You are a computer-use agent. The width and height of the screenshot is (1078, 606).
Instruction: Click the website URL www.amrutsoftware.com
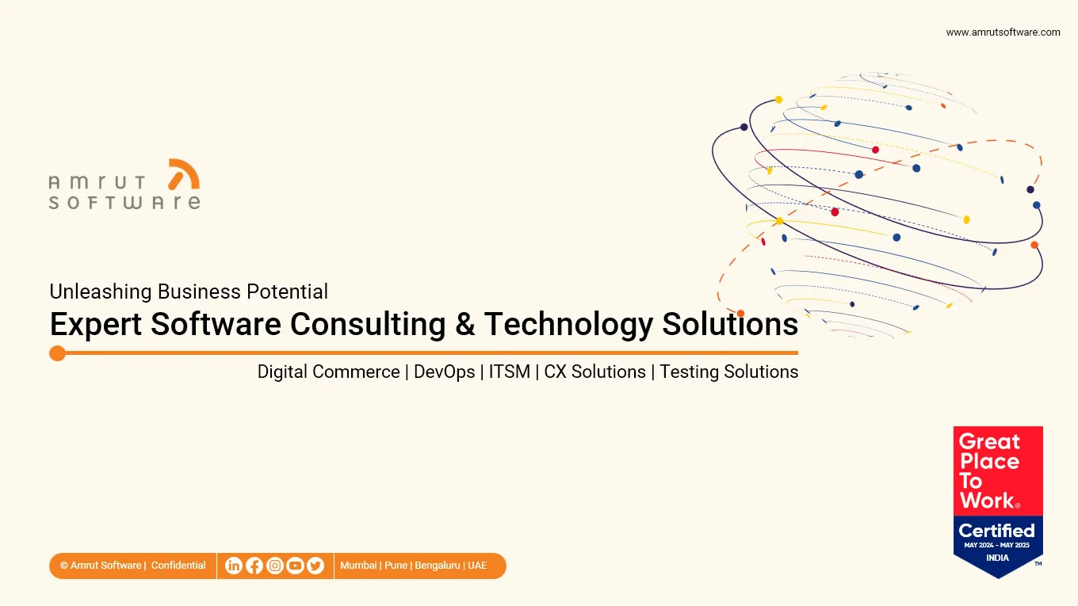(1003, 32)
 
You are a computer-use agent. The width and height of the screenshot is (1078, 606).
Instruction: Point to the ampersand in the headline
(465, 325)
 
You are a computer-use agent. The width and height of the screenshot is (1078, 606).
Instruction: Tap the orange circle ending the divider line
(57, 353)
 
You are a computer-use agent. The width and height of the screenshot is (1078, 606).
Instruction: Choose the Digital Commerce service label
(328, 372)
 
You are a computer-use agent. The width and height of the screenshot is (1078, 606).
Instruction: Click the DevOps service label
(444, 372)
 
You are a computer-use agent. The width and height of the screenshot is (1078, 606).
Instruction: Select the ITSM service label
(509, 372)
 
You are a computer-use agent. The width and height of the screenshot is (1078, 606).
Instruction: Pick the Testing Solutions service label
(728, 372)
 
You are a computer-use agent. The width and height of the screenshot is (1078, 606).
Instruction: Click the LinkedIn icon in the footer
(234, 566)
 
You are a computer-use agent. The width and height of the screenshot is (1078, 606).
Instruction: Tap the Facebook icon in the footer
(254, 566)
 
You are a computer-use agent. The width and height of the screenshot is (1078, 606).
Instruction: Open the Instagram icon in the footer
(275, 566)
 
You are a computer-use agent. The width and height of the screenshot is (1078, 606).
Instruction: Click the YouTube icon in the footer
(296, 566)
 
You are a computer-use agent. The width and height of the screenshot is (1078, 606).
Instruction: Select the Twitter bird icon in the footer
(315, 566)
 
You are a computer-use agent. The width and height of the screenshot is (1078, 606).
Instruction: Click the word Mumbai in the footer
(358, 566)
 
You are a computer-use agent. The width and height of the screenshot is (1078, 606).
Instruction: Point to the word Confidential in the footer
(178, 566)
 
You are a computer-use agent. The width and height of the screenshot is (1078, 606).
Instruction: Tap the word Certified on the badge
(996, 530)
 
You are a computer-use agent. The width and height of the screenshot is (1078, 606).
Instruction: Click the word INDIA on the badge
(997, 558)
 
